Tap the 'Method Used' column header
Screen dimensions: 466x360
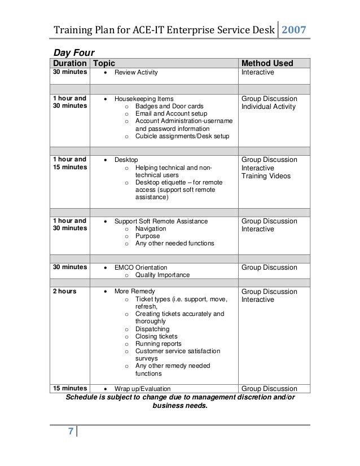pos(267,63)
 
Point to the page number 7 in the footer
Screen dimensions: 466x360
pos(71,432)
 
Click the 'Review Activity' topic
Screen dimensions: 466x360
pos(136,73)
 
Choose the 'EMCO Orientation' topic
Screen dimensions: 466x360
pos(141,267)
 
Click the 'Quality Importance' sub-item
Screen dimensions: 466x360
pos(162,275)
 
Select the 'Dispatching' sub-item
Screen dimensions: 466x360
pos(152,329)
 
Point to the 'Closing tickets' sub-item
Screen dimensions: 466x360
pos(156,336)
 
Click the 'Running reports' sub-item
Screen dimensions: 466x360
pos(158,344)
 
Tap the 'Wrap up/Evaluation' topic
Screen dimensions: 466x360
pos(142,389)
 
